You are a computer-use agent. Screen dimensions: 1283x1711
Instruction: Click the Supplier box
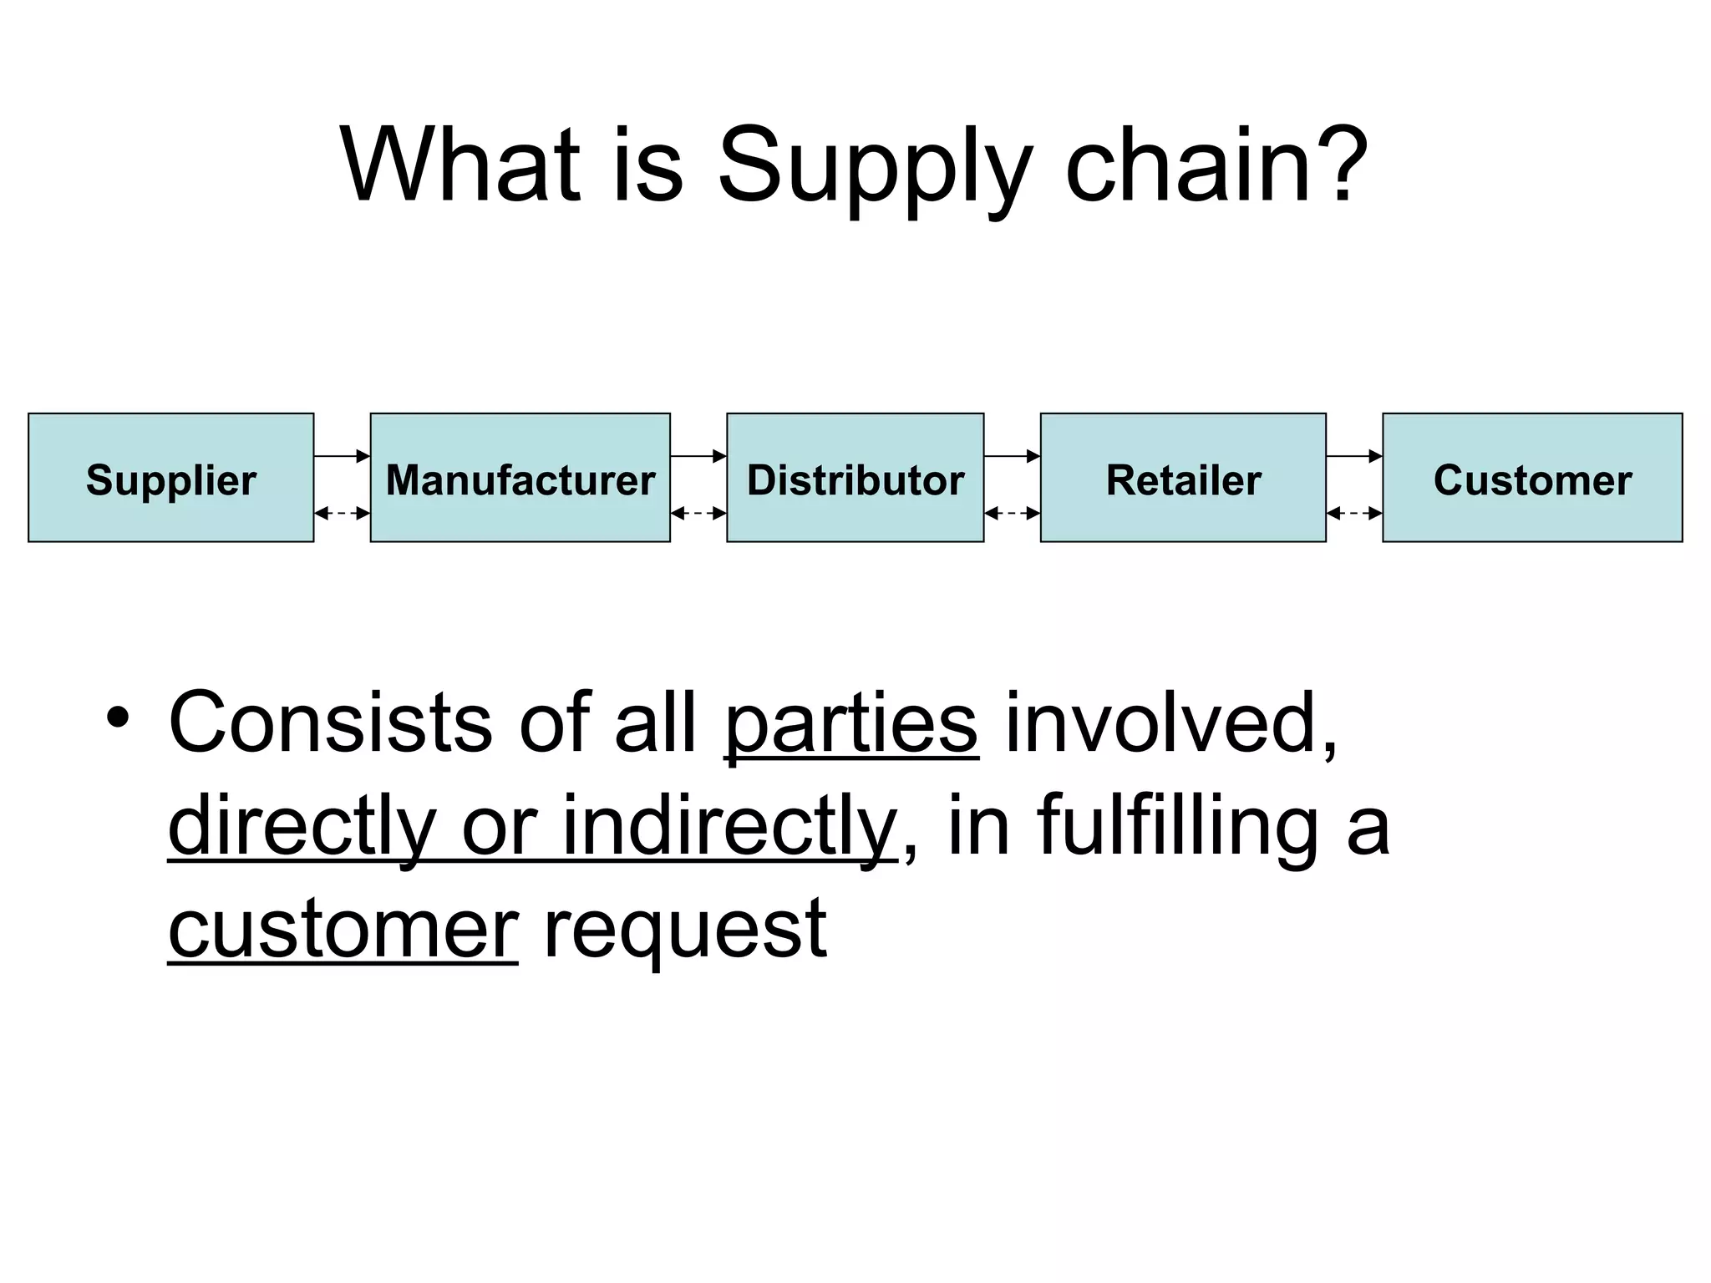171,478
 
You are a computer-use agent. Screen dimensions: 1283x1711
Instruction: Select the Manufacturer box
520,478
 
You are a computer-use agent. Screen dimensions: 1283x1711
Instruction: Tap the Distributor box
855,478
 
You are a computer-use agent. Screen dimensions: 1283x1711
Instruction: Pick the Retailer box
1183,478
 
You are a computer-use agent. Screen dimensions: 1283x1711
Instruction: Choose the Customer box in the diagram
1532,478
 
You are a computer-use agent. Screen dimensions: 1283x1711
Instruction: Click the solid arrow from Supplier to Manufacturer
342,456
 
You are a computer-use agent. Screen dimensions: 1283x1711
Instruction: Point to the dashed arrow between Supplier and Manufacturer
342,514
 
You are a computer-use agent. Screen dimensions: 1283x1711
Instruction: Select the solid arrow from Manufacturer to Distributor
698,456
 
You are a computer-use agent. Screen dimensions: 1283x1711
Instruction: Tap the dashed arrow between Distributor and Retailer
1012,514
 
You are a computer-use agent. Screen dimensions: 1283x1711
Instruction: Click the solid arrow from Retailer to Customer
1354,456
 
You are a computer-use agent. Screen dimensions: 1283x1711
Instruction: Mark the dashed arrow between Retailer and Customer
1354,514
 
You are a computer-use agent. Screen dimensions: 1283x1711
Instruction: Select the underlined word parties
850,723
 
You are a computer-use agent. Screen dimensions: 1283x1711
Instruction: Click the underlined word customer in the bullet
343,929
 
